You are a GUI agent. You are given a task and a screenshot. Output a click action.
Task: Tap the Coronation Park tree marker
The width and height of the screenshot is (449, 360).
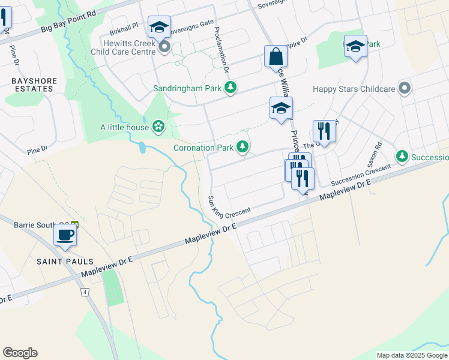[x=243, y=146]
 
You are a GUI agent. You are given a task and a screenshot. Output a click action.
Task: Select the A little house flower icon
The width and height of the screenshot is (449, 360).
[x=158, y=126]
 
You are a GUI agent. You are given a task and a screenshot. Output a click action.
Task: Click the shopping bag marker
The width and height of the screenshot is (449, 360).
[x=276, y=56]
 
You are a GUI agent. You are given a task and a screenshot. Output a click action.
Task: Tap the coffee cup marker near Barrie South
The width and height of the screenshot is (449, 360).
[x=65, y=234]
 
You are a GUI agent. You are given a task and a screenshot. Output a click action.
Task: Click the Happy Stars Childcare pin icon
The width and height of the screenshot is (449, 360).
[x=405, y=89]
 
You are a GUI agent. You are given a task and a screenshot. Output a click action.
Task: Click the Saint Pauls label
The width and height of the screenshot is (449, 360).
[x=65, y=262]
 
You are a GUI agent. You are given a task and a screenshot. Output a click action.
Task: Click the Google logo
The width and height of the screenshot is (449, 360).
[x=20, y=353]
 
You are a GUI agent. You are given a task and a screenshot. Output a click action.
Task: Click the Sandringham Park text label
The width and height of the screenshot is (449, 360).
[x=188, y=89]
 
